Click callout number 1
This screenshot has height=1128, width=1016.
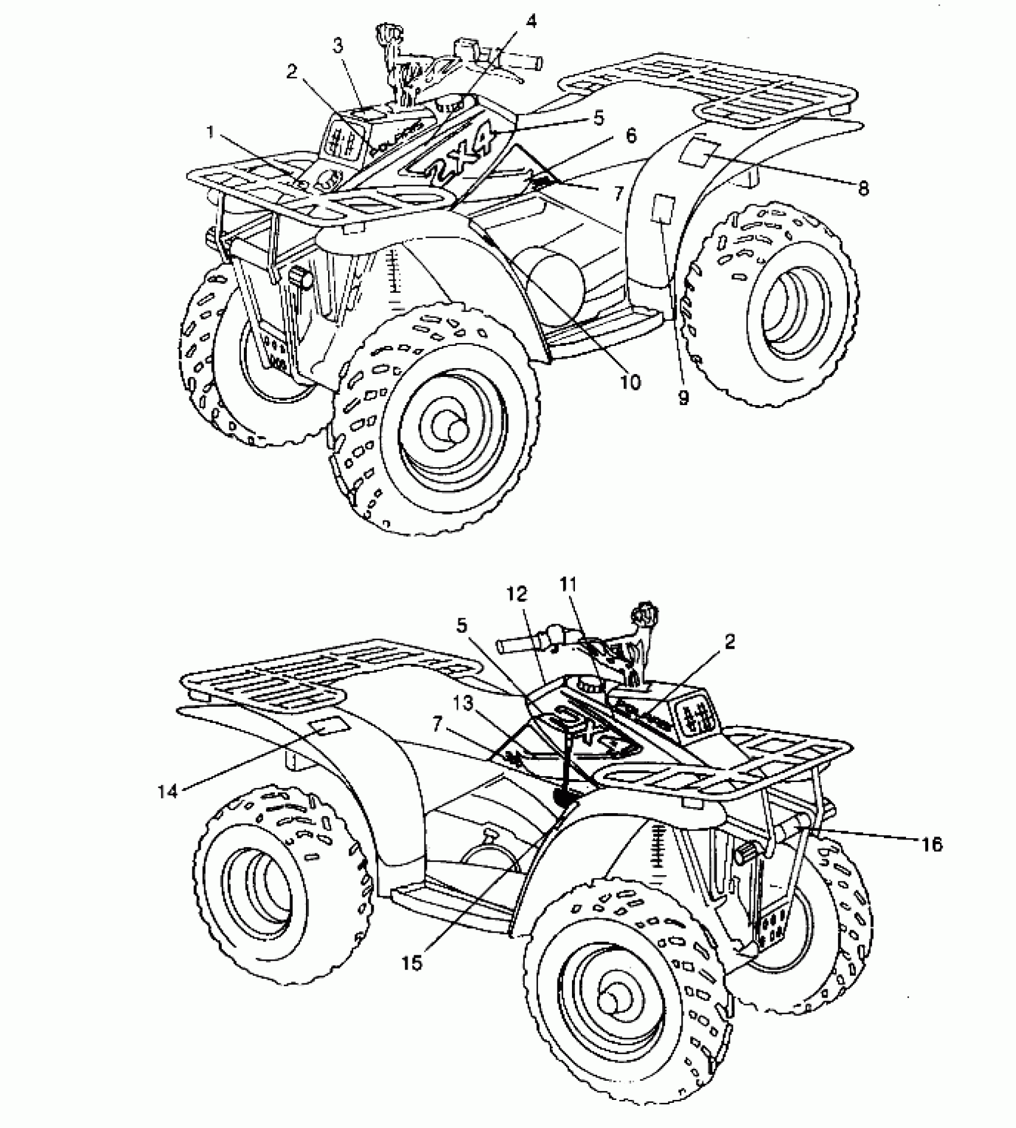(x=210, y=133)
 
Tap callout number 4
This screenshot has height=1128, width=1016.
(x=531, y=22)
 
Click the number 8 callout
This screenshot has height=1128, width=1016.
(x=862, y=189)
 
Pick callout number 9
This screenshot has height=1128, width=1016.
(x=684, y=397)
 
